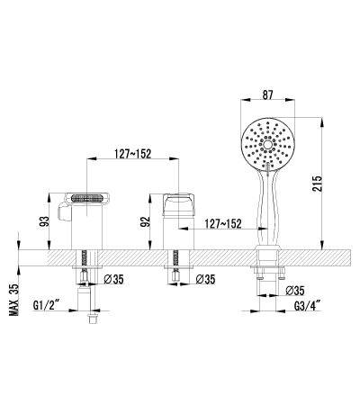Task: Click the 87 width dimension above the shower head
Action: pyautogui.click(x=267, y=94)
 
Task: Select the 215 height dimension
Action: pyautogui.click(x=317, y=184)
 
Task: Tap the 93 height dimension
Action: pyautogui.click(x=44, y=221)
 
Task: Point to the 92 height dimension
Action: pyautogui.click(x=145, y=221)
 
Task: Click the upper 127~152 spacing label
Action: pyautogui.click(x=132, y=154)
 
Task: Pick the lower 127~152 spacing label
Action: pyautogui.click(x=223, y=223)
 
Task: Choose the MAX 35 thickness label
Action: pyautogui.click(x=13, y=300)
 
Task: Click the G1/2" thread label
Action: pyautogui.click(x=46, y=305)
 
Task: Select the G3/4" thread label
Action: pyautogui.click(x=307, y=306)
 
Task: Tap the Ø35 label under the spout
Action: pyautogui.click(x=113, y=279)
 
